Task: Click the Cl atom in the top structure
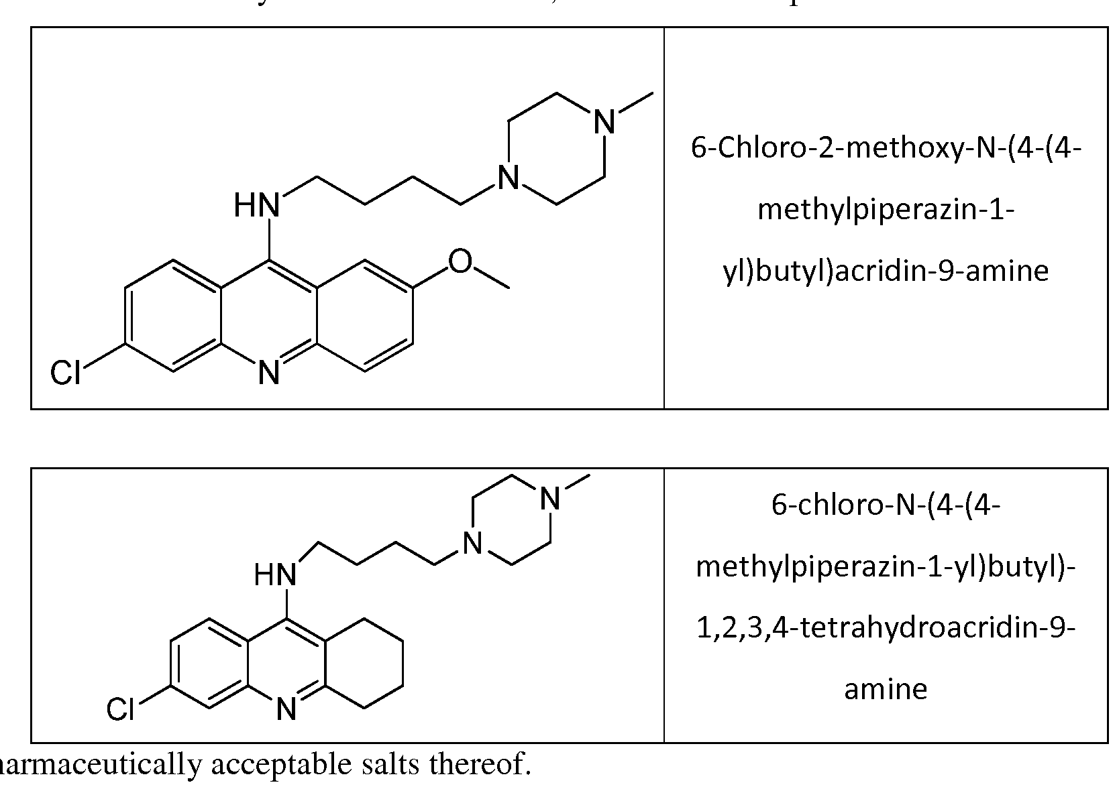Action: tap(66, 372)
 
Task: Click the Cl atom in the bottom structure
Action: tap(121, 709)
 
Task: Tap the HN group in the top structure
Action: tap(257, 204)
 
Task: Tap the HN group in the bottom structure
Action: tap(275, 575)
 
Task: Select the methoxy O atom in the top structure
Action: tap(460, 261)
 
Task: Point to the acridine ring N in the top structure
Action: tap(269, 373)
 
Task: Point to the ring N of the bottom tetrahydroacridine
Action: tap(286, 709)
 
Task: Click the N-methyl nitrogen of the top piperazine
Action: tap(605, 122)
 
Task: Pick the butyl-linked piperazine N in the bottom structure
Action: tap(473, 542)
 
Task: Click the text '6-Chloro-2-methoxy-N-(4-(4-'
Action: tap(886, 148)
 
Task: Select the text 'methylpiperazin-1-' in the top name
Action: tap(886, 210)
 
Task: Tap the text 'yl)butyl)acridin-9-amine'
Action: tap(886, 271)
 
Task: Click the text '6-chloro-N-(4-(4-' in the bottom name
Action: tap(886, 505)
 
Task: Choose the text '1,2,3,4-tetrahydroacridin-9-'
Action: tap(886, 628)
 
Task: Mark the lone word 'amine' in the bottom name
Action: tap(886, 689)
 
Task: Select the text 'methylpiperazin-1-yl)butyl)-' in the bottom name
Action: tap(886, 566)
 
